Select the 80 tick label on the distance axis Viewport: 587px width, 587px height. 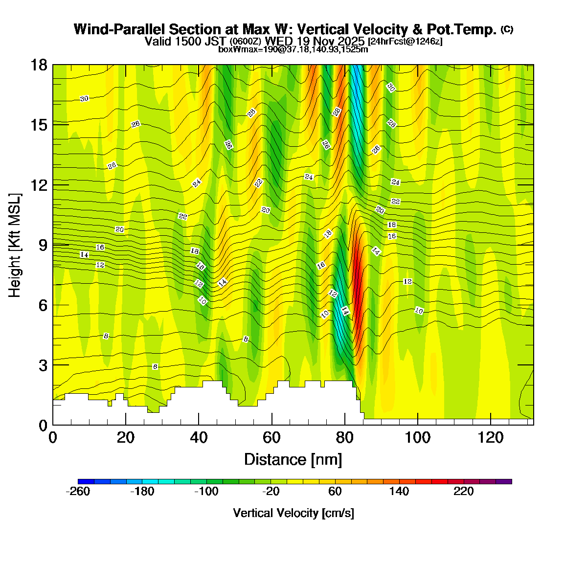(345, 437)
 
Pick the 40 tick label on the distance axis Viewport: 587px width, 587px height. (199, 437)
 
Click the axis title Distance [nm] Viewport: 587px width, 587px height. (293, 459)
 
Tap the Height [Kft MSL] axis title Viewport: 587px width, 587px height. (15, 245)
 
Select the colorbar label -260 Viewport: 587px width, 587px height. (78, 492)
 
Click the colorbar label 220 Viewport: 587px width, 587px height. (464, 492)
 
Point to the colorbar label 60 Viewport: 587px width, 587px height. (335, 492)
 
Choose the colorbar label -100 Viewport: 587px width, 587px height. (206, 492)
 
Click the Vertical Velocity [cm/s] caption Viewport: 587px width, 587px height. (293, 513)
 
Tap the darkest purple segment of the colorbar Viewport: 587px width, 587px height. (504, 481)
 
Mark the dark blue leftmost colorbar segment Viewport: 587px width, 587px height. (86, 481)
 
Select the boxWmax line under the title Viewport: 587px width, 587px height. (293, 49)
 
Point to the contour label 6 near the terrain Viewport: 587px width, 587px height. (155, 366)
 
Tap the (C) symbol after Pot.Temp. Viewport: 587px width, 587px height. (507, 29)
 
